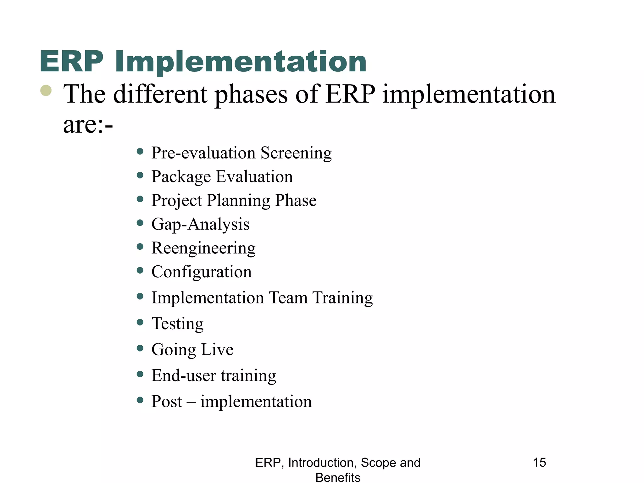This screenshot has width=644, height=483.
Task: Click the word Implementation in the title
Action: tap(241, 62)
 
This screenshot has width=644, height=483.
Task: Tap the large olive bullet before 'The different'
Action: tap(46, 91)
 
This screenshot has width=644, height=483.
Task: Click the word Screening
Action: tap(296, 153)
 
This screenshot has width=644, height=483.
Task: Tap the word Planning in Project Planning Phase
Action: tap(238, 201)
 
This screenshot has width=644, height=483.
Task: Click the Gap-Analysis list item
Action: tap(200, 225)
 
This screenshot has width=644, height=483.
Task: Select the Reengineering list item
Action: tap(203, 248)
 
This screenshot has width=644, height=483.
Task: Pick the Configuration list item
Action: tap(202, 272)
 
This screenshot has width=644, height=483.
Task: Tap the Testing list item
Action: tap(177, 324)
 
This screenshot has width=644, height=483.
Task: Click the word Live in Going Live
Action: tap(217, 349)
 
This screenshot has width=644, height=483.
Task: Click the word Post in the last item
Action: tap(167, 402)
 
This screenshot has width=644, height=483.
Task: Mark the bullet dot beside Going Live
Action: tap(140, 348)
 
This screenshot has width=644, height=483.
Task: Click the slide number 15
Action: tap(539, 463)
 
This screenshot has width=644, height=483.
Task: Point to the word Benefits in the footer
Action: tap(338, 477)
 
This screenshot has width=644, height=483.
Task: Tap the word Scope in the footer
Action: tap(374, 463)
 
